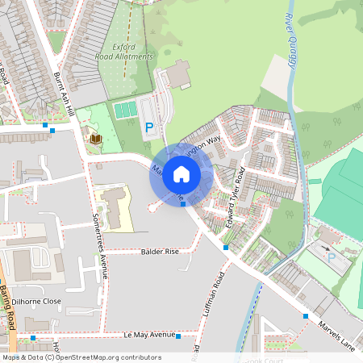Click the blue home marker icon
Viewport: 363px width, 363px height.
(181, 174)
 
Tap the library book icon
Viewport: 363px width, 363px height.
(95, 140)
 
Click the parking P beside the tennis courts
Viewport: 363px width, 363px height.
(148, 127)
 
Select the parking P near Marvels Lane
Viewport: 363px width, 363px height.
(331, 258)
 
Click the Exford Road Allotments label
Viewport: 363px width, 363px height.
(123, 52)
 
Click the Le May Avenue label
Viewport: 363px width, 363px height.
(149, 334)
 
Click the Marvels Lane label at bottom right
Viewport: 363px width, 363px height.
(336, 333)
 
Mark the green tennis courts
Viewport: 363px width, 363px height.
(125, 109)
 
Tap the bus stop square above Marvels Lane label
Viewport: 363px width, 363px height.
(305, 316)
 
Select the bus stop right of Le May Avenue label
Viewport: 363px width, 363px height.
(177, 334)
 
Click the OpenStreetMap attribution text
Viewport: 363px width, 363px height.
(81, 357)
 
